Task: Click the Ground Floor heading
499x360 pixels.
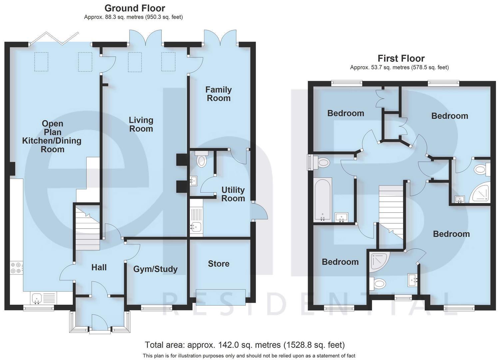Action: (135, 8)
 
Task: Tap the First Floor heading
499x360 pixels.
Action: (401, 59)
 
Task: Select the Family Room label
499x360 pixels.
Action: (218, 94)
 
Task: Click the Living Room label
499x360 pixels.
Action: (141, 124)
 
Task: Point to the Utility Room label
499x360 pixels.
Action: (233, 194)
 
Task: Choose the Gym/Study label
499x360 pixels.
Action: (155, 269)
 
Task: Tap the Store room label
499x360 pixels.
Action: (219, 264)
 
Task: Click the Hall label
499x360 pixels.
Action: (99, 267)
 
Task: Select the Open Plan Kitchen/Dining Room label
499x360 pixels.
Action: (52, 136)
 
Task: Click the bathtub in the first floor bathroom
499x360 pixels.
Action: (322, 199)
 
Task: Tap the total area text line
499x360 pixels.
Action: (245, 345)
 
